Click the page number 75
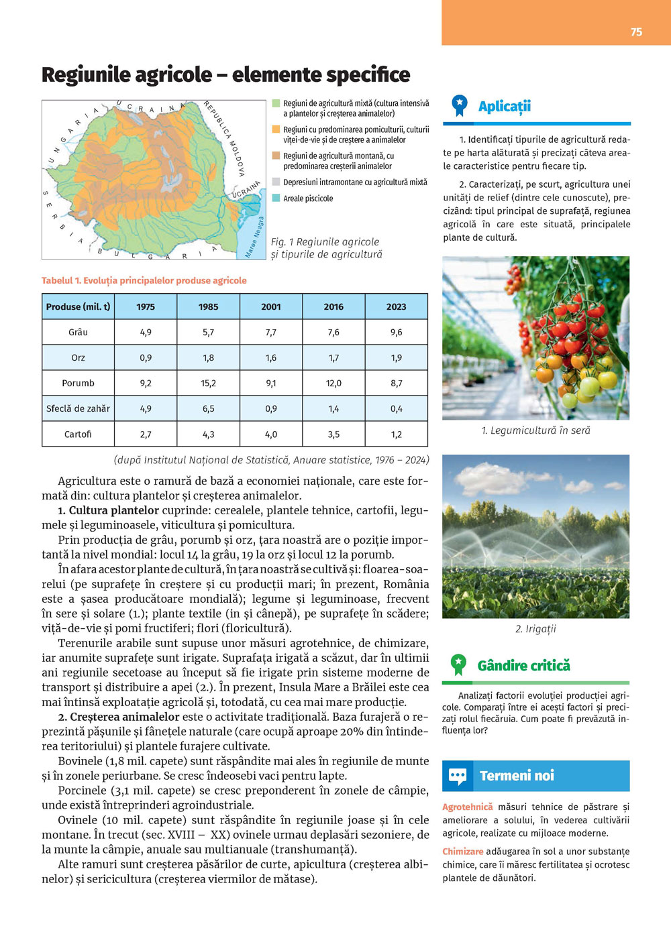coord(636,32)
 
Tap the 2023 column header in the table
coord(396,306)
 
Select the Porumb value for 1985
coord(208,384)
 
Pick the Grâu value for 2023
coord(396,332)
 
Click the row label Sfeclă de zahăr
coord(78,408)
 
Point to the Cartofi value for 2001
coord(270,434)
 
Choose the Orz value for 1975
coord(146,358)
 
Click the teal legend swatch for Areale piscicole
coord(276,198)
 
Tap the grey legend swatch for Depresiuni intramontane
coord(276,182)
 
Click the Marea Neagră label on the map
coord(254,237)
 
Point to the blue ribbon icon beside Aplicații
coord(460,105)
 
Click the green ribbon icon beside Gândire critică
coord(458,664)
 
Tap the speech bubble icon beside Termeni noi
coord(458,776)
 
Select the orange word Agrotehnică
coord(467,807)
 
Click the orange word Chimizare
coord(462,852)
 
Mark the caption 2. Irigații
coord(535,629)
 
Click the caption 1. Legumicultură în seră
coord(535,430)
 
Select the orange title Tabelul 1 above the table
coord(144,280)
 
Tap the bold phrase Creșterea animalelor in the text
coord(125,717)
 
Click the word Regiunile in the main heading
coord(85,74)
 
